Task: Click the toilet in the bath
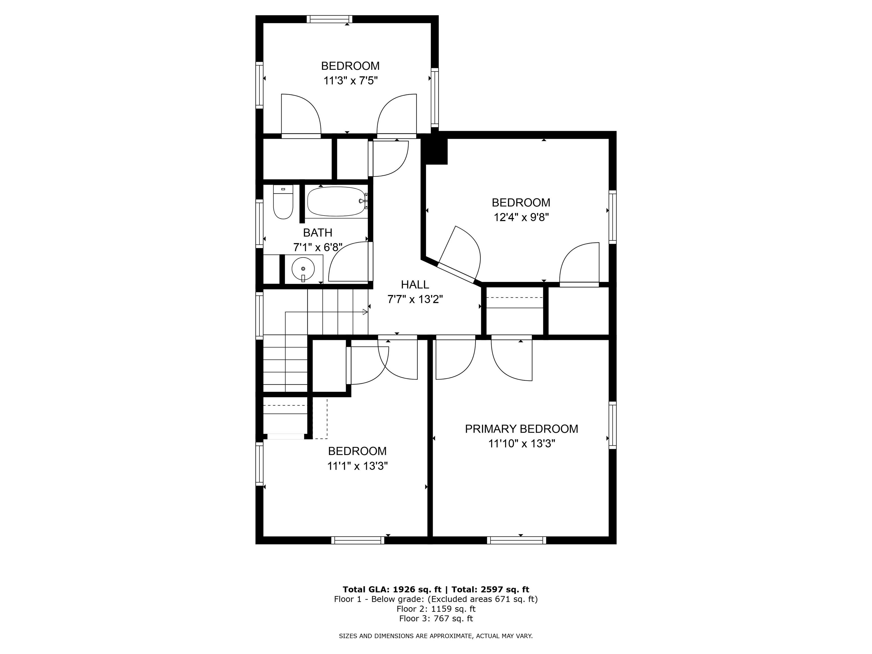coord(283,202)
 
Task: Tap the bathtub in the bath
coord(337,202)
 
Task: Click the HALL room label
coord(415,284)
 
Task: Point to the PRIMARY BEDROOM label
coord(521,429)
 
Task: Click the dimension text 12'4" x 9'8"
coord(521,217)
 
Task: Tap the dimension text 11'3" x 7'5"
coord(351,81)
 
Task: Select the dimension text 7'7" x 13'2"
coord(415,299)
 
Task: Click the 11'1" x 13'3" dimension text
coord(357,466)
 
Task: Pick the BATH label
coord(318,232)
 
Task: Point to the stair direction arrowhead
coord(365,312)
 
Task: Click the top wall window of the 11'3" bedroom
coord(329,19)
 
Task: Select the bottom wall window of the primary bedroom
coord(516,540)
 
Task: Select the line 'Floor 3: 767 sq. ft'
coord(436,619)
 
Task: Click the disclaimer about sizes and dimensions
coord(436,636)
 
